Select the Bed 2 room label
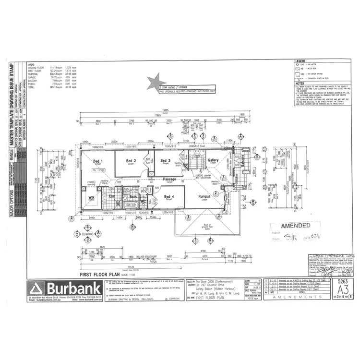pos(131,160)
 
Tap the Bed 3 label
pos(166,160)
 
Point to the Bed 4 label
pos(168,196)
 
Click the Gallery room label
pos(213,160)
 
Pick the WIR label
pos(91,197)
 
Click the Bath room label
pos(133,196)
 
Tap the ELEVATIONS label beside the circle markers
pos(87,234)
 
